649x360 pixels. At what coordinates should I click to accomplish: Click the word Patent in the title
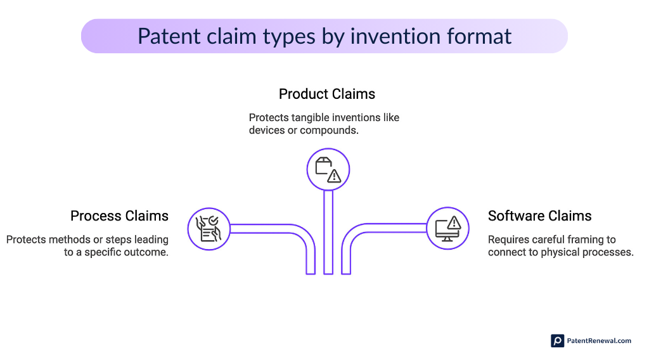pyautogui.click(x=166, y=36)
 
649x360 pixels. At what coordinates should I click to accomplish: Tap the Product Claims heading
pyautogui.click(x=327, y=94)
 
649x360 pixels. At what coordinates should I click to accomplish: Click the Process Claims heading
pyautogui.click(x=119, y=215)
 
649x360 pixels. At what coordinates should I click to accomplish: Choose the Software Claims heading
pyautogui.click(x=539, y=215)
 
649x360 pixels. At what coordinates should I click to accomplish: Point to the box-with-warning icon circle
pyautogui.click(x=328, y=169)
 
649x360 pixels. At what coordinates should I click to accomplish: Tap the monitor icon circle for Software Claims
pyautogui.click(x=447, y=228)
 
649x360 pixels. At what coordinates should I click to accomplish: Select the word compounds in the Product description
pyautogui.click(x=328, y=131)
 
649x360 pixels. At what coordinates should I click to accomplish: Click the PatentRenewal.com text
pyautogui.click(x=599, y=340)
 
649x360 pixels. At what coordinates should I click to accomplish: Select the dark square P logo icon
pyautogui.click(x=557, y=340)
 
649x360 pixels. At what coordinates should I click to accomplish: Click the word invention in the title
pyautogui.click(x=387, y=36)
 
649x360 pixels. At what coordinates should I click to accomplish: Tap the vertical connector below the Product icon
pyautogui.click(x=328, y=231)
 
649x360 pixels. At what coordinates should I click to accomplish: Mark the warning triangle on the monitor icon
pyautogui.click(x=454, y=223)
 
